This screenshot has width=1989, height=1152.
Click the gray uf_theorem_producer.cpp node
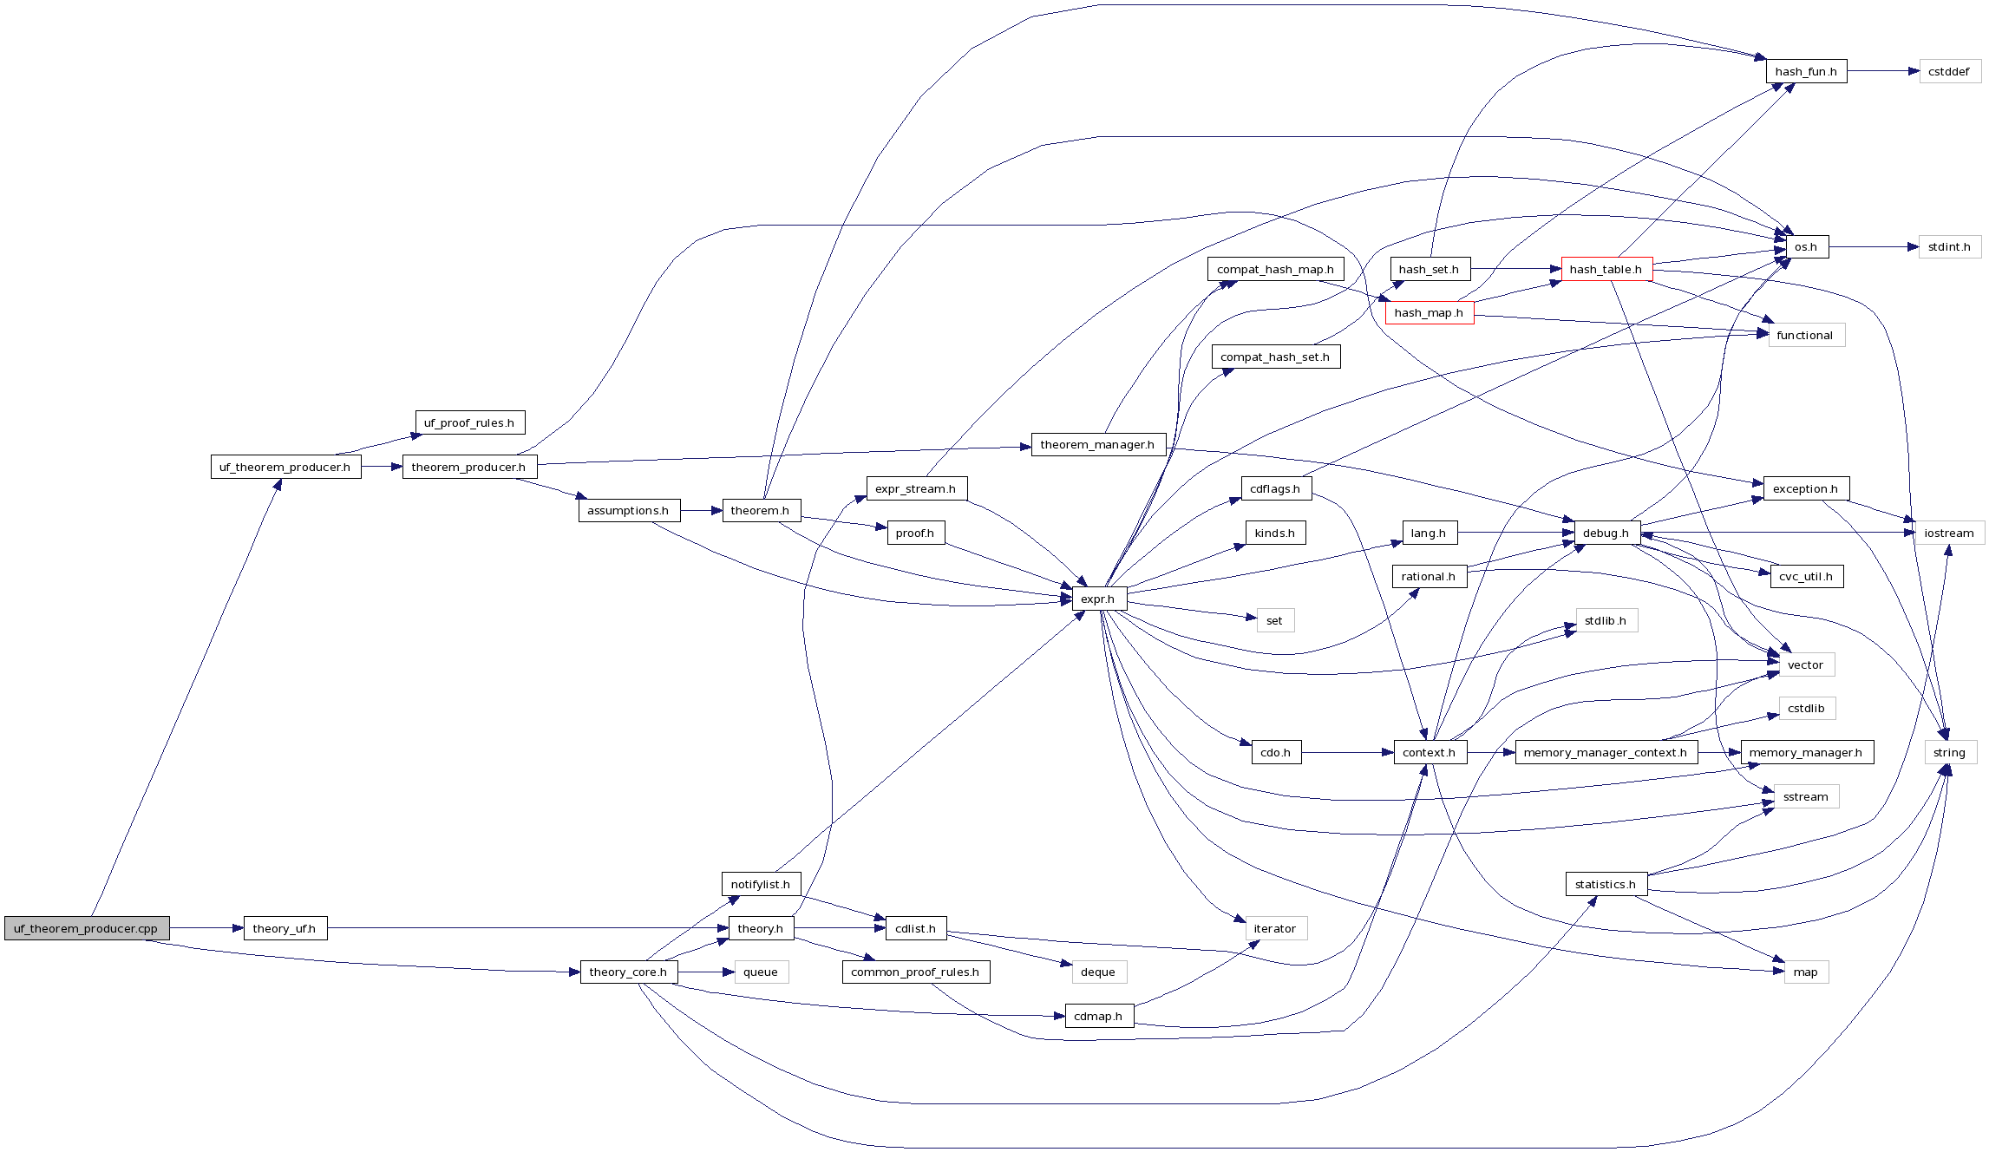[86, 928]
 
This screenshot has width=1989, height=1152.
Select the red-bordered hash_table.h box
[1606, 269]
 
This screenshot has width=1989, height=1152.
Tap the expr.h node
[1098, 599]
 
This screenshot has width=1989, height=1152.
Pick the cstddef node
[1949, 71]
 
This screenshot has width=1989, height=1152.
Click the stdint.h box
[1949, 247]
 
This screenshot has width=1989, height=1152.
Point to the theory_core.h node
[628, 972]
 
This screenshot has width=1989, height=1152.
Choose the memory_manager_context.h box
[1605, 752]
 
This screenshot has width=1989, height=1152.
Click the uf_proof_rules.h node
[469, 422]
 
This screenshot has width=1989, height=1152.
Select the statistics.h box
[1606, 884]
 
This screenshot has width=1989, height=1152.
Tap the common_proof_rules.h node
[915, 972]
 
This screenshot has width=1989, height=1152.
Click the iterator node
[1275, 928]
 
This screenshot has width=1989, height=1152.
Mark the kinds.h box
[1275, 533]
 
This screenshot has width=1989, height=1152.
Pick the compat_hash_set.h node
[1275, 357]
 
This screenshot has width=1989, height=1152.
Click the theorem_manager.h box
[1097, 444]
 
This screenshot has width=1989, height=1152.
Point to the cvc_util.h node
[1806, 576]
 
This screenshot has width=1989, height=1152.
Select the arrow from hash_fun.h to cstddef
[1882, 71]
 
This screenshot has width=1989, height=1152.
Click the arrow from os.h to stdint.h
[1874, 247]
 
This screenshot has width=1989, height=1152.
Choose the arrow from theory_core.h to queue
[706, 972]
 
